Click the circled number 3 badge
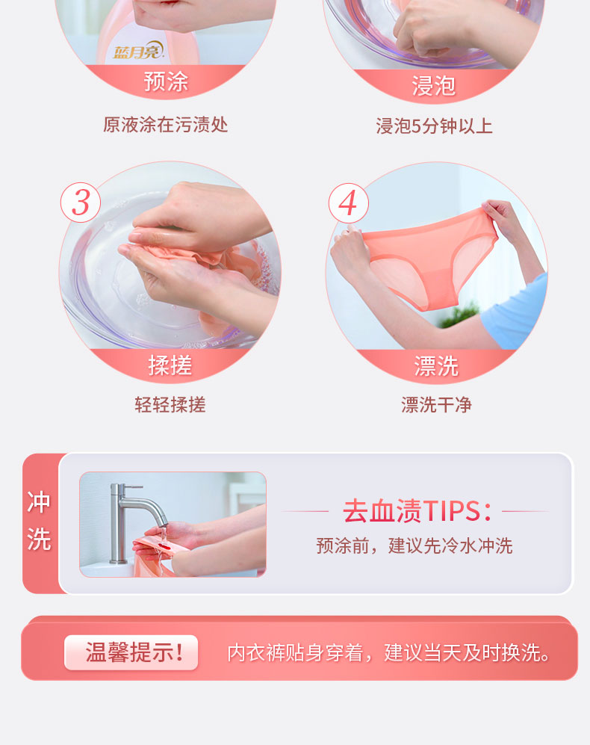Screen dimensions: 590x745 click(x=80, y=203)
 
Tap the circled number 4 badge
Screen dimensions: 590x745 click(x=348, y=203)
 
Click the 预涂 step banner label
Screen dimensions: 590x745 click(x=166, y=81)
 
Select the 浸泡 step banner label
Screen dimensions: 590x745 click(x=433, y=86)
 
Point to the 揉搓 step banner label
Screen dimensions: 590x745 click(x=170, y=365)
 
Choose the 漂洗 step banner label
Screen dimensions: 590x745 click(x=436, y=366)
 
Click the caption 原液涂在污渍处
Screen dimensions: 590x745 click(x=165, y=125)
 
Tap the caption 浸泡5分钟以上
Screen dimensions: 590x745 click(x=434, y=126)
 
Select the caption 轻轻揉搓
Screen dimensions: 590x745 click(x=170, y=405)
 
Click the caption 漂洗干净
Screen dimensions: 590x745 click(x=437, y=405)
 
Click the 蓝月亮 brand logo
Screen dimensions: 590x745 click(x=138, y=50)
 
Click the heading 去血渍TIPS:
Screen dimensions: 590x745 click(x=417, y=511)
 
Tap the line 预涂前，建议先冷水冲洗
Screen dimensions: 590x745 click(x=414, y=546)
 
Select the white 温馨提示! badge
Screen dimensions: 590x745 click(x=131, y=652)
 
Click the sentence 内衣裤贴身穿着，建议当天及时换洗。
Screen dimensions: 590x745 click(x=388, y=653)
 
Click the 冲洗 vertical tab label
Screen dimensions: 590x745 click(x=39, y=522)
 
